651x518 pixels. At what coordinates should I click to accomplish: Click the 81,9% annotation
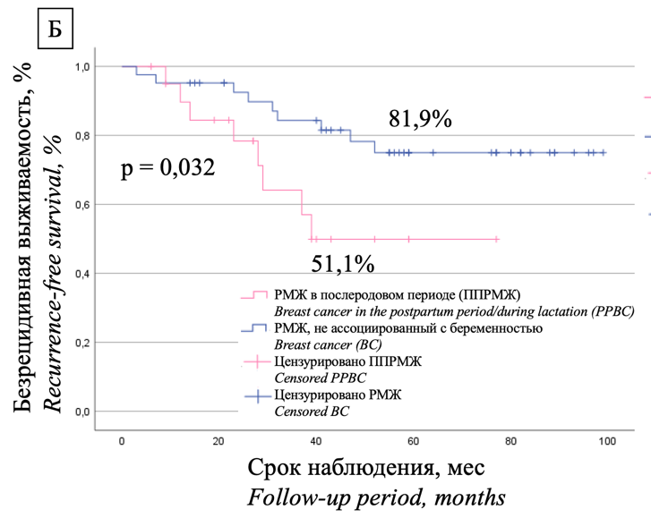420,119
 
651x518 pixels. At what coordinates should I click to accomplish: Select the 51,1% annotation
343,265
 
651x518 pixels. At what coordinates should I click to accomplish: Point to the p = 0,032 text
167,166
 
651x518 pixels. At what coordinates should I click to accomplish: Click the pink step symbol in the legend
254,295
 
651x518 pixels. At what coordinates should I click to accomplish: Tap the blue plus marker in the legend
254,395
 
